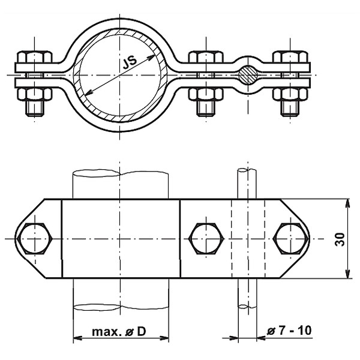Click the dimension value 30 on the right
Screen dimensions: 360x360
pyautogui.click(x=340, y=239)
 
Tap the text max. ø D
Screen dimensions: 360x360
pyautogui.click(x=118, y=331)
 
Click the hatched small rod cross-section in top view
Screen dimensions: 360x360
pyautogui.click(x=247, y=74)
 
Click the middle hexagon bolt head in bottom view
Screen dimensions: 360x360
pyautogui.click(x=206, y=239)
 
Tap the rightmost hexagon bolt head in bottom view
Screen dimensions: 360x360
pyautogui.click(x=292, y=239)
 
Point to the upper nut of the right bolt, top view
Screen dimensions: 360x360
pyautogui.click(x=290, y=58)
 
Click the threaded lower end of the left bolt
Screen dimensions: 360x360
pyautogui.click(x=34, y=109)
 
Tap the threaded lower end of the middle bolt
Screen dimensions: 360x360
pyautogui.click(x=206, y=109)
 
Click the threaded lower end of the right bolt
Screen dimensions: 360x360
pyautogui.click(x=290, y=109)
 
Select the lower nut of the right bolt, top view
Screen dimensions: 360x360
pyautogui.click(x=290, y=94)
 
